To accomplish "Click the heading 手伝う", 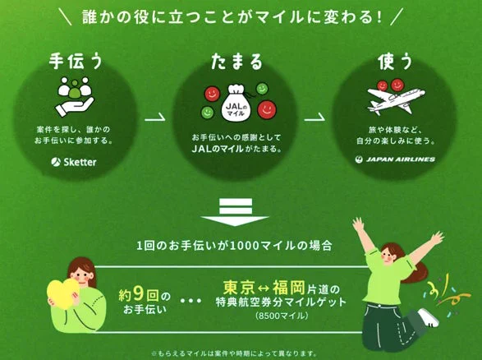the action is pyautogui.click(x=76, y=61).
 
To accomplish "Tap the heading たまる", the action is pyautogui.click(x=236, y=61).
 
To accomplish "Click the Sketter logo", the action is pyautogui.click(x=74, y=162).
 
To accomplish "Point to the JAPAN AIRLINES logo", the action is pyautogui.click(x=395, y=159).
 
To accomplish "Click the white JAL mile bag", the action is pyautogui.click(x=236, y=103).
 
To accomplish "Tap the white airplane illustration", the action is pyautogui.click(x=397, y=99).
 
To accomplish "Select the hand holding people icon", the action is pyautogui.click(x=75, y=96).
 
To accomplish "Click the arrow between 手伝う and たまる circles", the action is pyautogui.click(x=155, y=117).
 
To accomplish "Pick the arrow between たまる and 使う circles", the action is pyautogui.click(x=314, y=117).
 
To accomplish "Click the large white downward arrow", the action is pyautogui.click(x=235, y=213).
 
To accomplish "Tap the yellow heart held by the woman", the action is pyautogui.click(x=63, y=294).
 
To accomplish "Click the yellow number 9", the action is pyautogui.click(x=138, y=294).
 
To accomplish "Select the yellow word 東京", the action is pyautogui.click(x=239, y=288).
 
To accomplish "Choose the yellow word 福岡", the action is pyautogui.click(x=289, y=288).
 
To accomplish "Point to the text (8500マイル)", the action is pyautogui.click(x=282, y=316).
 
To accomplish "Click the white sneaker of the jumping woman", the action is pyautogui.click(x=428, y=317).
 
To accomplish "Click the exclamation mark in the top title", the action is pyautogui.click(x=379, y=17).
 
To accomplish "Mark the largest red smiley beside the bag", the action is pyautogui.click(x=267, y=109).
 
